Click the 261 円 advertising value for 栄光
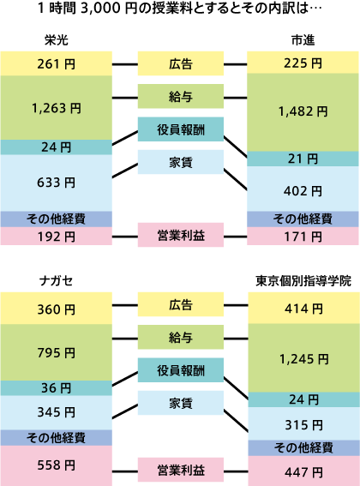tap(56, 63)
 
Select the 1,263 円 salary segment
tap(56, 108)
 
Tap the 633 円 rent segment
tap(56, 183)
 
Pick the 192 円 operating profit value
tap(56, 237)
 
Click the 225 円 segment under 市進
tap(303, 63)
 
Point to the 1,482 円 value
tap(303, 111)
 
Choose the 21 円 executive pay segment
tap(303, 159)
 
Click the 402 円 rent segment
tap(303, 191)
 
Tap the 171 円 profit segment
tap(303, 237)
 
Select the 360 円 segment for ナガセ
tap(56, 309)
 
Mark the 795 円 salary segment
tap(56, 353)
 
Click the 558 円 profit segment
tap(56, 465)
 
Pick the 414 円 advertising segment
tap(303, 309)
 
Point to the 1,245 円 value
tap(303, 359)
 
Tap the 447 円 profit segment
tap(303, 472)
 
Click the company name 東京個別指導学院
tap(303, 281)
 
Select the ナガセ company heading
tap(56, 281)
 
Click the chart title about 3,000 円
tap(180, 8)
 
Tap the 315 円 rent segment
tap(303, 424)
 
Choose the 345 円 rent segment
tap(56, 412)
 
